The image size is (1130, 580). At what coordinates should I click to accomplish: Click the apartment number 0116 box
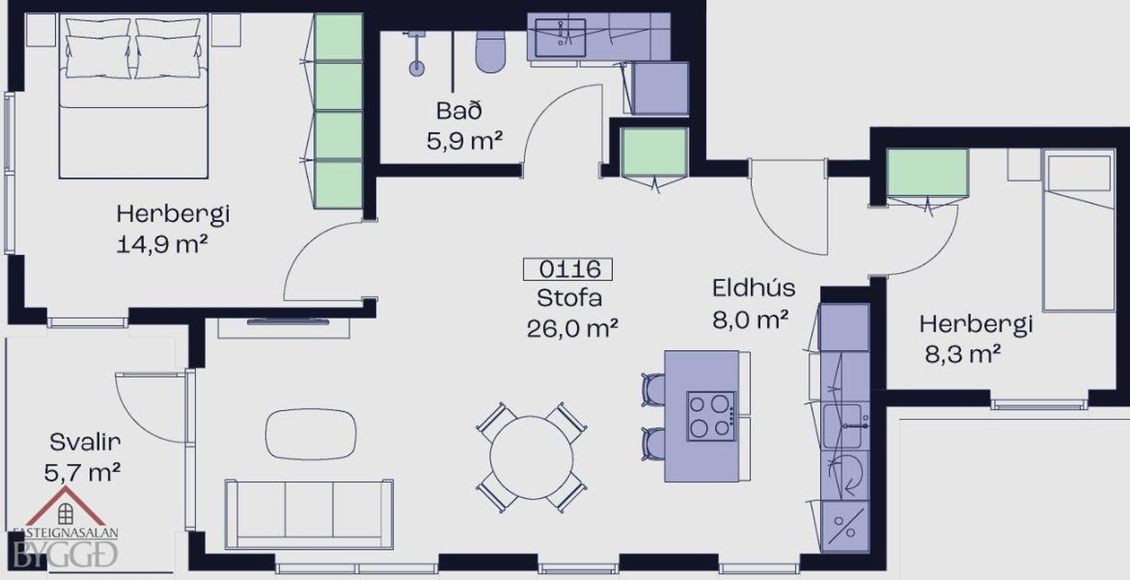(567, 269)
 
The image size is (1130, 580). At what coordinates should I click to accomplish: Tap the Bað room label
(459, 111)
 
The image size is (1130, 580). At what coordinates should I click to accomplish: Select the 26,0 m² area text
(572, 329)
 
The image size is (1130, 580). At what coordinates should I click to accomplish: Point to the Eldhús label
(754, 288)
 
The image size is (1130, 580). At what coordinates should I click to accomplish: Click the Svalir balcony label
(85, 442)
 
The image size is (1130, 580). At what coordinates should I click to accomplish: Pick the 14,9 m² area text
(162, 245)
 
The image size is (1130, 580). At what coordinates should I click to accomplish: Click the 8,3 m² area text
(963, 354)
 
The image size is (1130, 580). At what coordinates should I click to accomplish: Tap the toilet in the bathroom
(490, 52)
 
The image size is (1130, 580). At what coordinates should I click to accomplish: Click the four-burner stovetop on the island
(711, 415)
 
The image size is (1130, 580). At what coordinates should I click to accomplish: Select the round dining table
(531, 458)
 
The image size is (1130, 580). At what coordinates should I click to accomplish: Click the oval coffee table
(310, 433)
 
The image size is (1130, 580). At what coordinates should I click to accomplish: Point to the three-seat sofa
(308, 514)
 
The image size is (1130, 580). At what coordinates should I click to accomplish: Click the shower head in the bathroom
(416, 68)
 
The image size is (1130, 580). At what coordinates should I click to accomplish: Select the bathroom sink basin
(560, 37)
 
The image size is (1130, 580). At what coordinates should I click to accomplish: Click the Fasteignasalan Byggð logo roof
(66, 506)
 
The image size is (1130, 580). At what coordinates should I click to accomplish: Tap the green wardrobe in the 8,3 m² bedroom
(927, 173)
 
